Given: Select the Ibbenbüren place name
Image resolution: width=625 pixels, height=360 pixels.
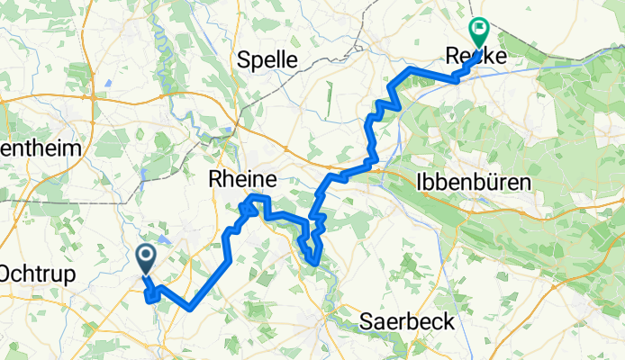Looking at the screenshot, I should pos(474,182).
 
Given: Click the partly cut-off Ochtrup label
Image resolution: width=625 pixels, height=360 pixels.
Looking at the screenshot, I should pos(36,273).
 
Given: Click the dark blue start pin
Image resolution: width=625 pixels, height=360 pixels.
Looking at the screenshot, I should pos(145,258).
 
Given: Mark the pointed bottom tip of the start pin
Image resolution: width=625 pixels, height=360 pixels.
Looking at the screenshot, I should pos(145,274).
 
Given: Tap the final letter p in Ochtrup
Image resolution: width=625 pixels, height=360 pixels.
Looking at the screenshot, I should pos(69,274).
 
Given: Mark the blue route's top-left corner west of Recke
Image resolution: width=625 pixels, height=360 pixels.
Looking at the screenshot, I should pos(411,68).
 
